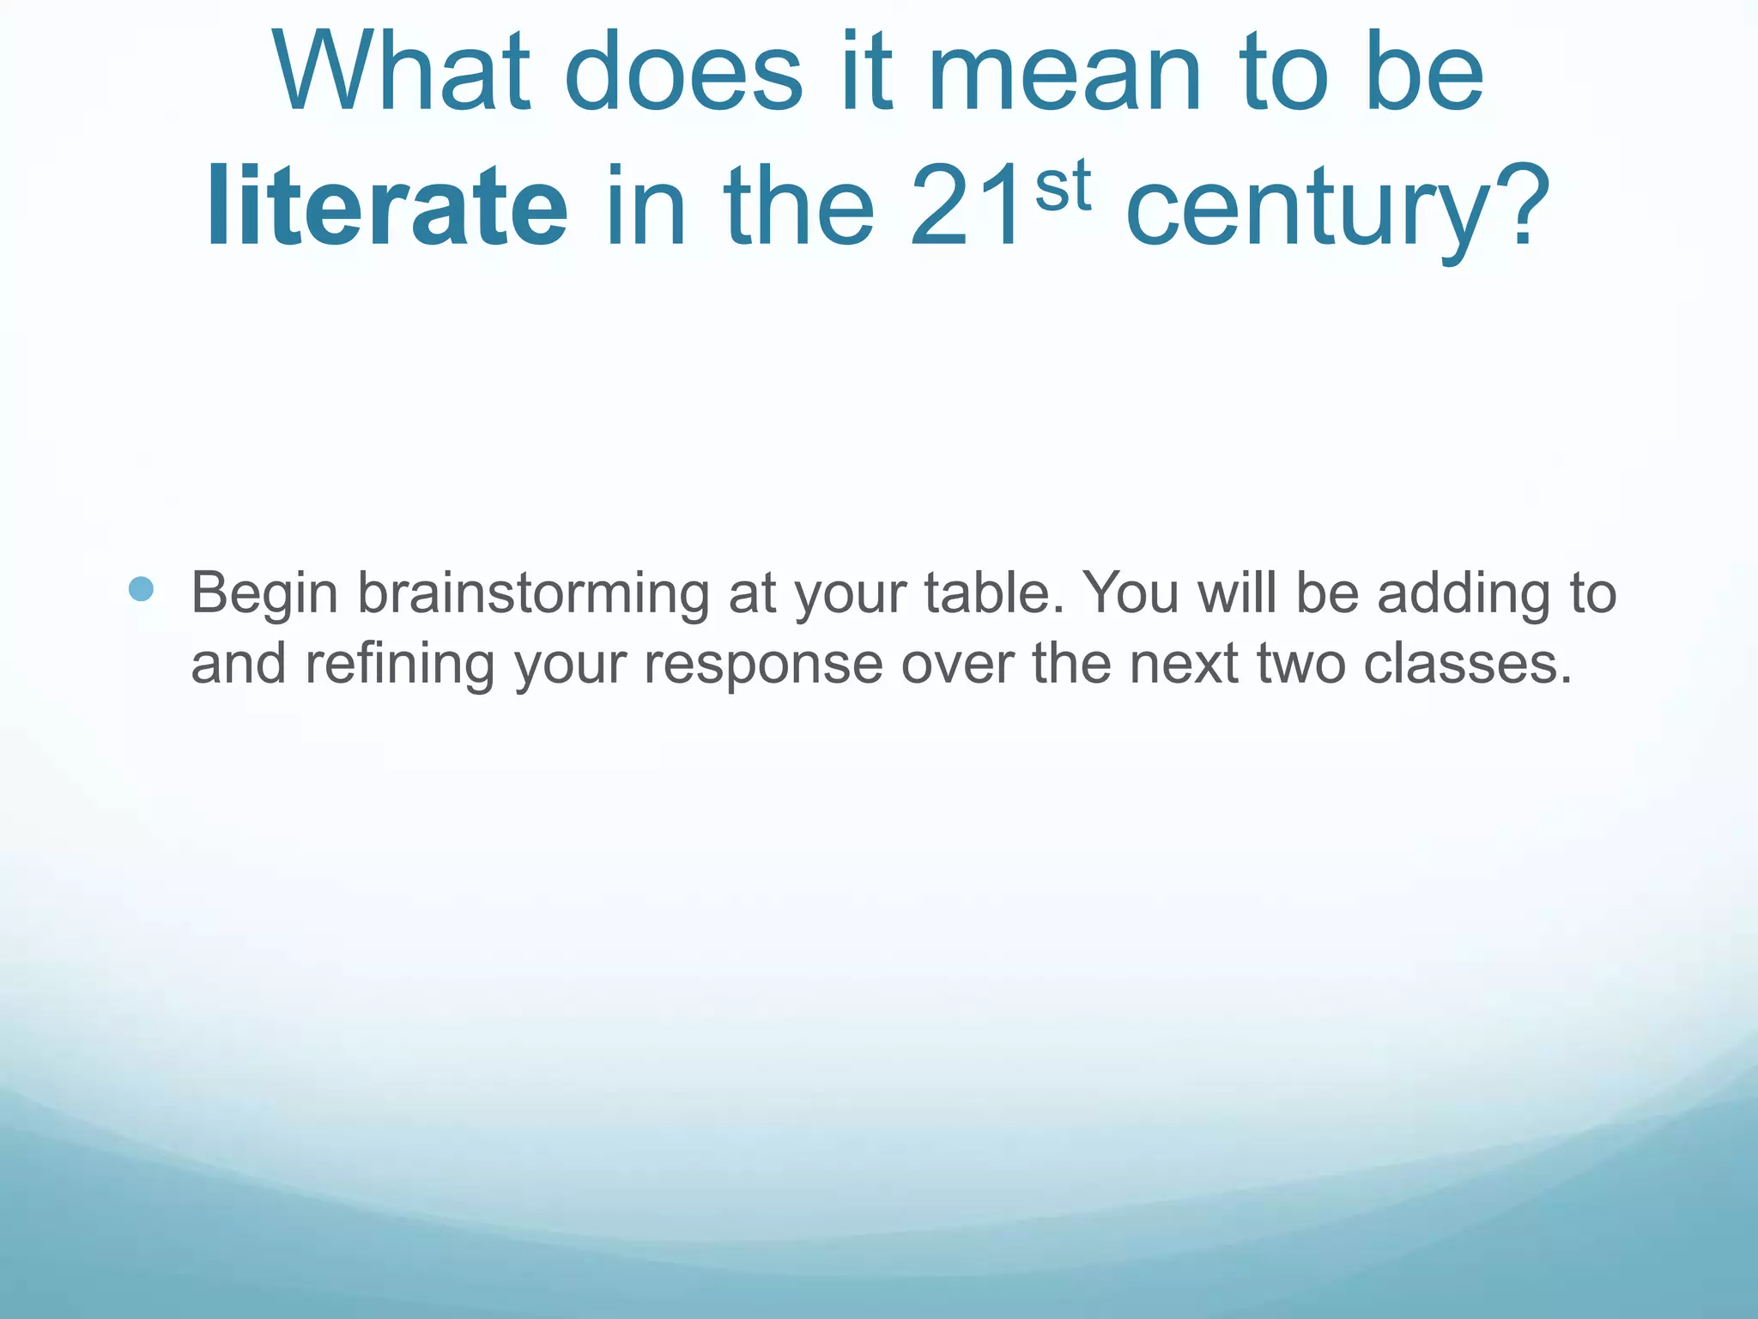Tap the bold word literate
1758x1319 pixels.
tap(386, 208)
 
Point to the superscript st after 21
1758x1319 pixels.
tap(1063, 186)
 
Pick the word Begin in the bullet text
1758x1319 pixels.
tap(264, 595)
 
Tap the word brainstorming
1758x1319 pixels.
tap(533, 595)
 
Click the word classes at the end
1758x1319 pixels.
tap(1468, 664)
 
